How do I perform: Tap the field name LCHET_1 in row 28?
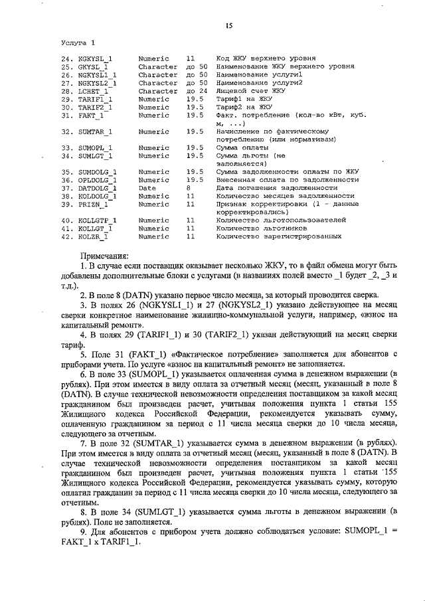click(94, 91)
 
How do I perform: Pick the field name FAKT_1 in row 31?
click(91, 115)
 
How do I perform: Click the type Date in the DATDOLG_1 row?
click(147, 188)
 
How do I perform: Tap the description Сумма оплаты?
click(244, 147)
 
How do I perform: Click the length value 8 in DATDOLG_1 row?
click(189, 188)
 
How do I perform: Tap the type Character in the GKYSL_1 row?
click(158, 67)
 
